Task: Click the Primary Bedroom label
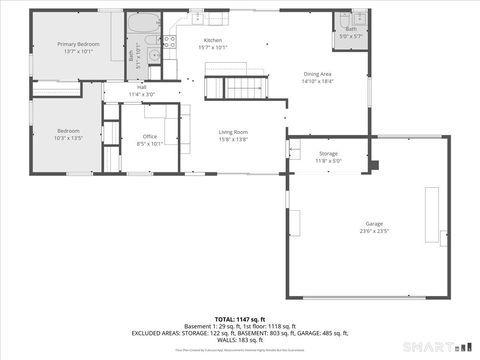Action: (x=78, y=45)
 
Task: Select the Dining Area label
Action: (x=318, y=74)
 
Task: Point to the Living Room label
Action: (x=234, y=132)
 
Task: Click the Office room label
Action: (x=150, y=136)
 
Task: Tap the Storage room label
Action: (x=329, y=153)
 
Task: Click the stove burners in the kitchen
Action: (x=169, y=42)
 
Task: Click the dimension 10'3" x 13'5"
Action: (x=68, y=138)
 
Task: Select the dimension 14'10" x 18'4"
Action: (x=318, y=81)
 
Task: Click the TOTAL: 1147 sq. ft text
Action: (x=240, y=317)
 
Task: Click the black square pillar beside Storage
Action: (x=374, y=164)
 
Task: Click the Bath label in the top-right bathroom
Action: (x=351, y=29)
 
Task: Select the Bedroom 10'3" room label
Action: (x=68, y=131)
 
